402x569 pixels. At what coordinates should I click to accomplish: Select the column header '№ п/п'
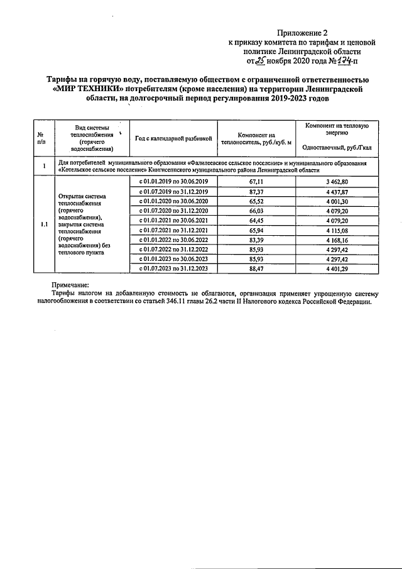[40, 138]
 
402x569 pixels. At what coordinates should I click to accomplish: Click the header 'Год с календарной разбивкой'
[170, 138]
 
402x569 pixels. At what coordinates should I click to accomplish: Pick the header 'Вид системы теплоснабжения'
[92, 138]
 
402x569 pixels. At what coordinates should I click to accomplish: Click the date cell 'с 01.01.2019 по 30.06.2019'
[173, 182]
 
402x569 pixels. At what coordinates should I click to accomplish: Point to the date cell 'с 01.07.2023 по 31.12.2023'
[173, 268]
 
